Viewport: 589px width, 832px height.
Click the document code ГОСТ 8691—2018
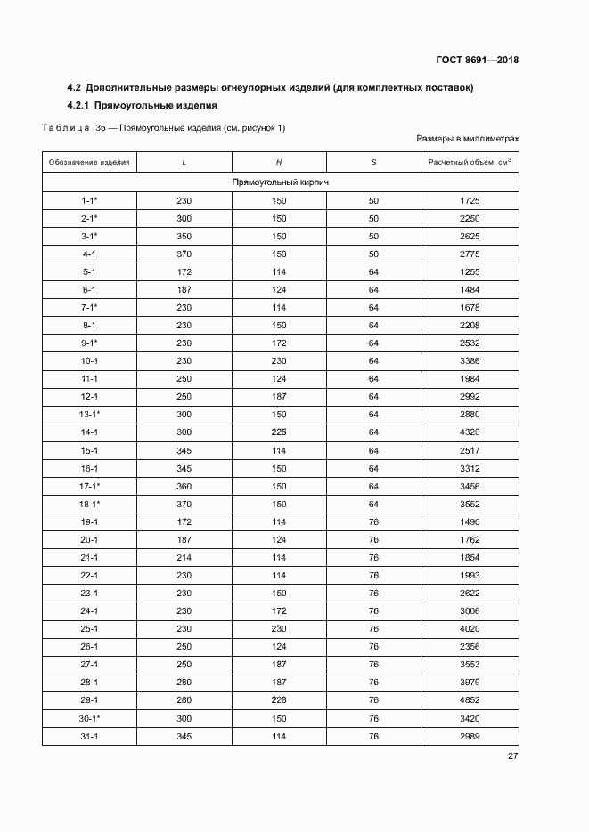click(x=477, y=61)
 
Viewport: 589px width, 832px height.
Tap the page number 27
click(x=512, y=756)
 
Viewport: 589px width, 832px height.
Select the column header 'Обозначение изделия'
click(x=89, y=162)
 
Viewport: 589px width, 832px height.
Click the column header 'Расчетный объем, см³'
click(x=470, y=162)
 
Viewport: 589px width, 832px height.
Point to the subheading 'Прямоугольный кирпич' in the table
click(x=281, y=182)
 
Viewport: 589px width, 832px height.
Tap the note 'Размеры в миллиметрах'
click(x=467, y=140)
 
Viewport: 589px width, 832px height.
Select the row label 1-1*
click(x=89, y=201)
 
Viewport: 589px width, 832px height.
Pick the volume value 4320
click(x=470, y=433)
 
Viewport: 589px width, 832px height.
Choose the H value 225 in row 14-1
click(x=279, y=433)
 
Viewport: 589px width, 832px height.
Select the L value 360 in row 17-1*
click(x=184, y=485)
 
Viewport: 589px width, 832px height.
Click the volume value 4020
click(x=470, y=628)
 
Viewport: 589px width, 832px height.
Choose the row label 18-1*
click(x=89, y=503)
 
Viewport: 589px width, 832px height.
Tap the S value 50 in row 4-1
click(x=373, y=254)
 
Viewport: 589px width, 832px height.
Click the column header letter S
click(x=373, y=162)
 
